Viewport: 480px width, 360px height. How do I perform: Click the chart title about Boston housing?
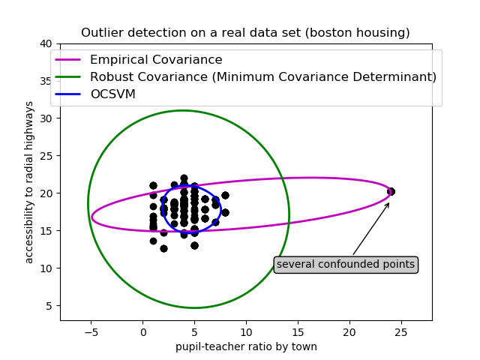(245, 33)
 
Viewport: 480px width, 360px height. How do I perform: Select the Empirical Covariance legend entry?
(156, 60)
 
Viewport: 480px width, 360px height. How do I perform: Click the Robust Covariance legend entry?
(262, 76)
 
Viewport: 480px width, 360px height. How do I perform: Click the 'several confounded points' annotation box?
(346, 264)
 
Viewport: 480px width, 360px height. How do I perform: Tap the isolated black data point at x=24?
(391, 191)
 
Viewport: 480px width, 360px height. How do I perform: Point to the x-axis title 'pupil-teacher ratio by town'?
(246, 346)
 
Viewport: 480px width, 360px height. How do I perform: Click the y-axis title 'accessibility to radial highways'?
(30, 181)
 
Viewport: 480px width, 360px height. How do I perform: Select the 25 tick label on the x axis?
(400, 331)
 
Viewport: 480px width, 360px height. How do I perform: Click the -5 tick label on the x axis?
(91, 331)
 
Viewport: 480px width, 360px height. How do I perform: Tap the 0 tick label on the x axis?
(143, 331)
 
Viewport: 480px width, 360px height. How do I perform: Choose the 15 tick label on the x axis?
(298, 331)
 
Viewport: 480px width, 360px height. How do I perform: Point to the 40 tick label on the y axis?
(46, 43)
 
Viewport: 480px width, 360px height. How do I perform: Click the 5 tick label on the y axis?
(49, 305)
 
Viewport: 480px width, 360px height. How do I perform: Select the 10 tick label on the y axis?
(46, 268)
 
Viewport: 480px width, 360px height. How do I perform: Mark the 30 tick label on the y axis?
(46, 118)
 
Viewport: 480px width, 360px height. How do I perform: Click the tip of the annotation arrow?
(389, 202)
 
